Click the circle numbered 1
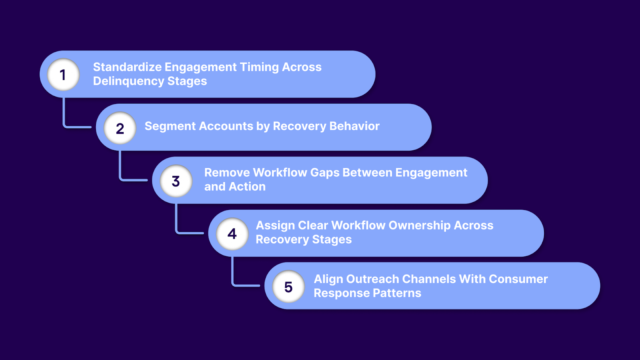[63, 74]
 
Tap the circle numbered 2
[120, 128]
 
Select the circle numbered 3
[176, 181]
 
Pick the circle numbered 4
[232, 234]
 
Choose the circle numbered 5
[288, 286]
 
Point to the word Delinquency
[128, 81]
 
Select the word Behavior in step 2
[354, 126]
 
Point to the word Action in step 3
[247, 187]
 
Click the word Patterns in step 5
[397, 293]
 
